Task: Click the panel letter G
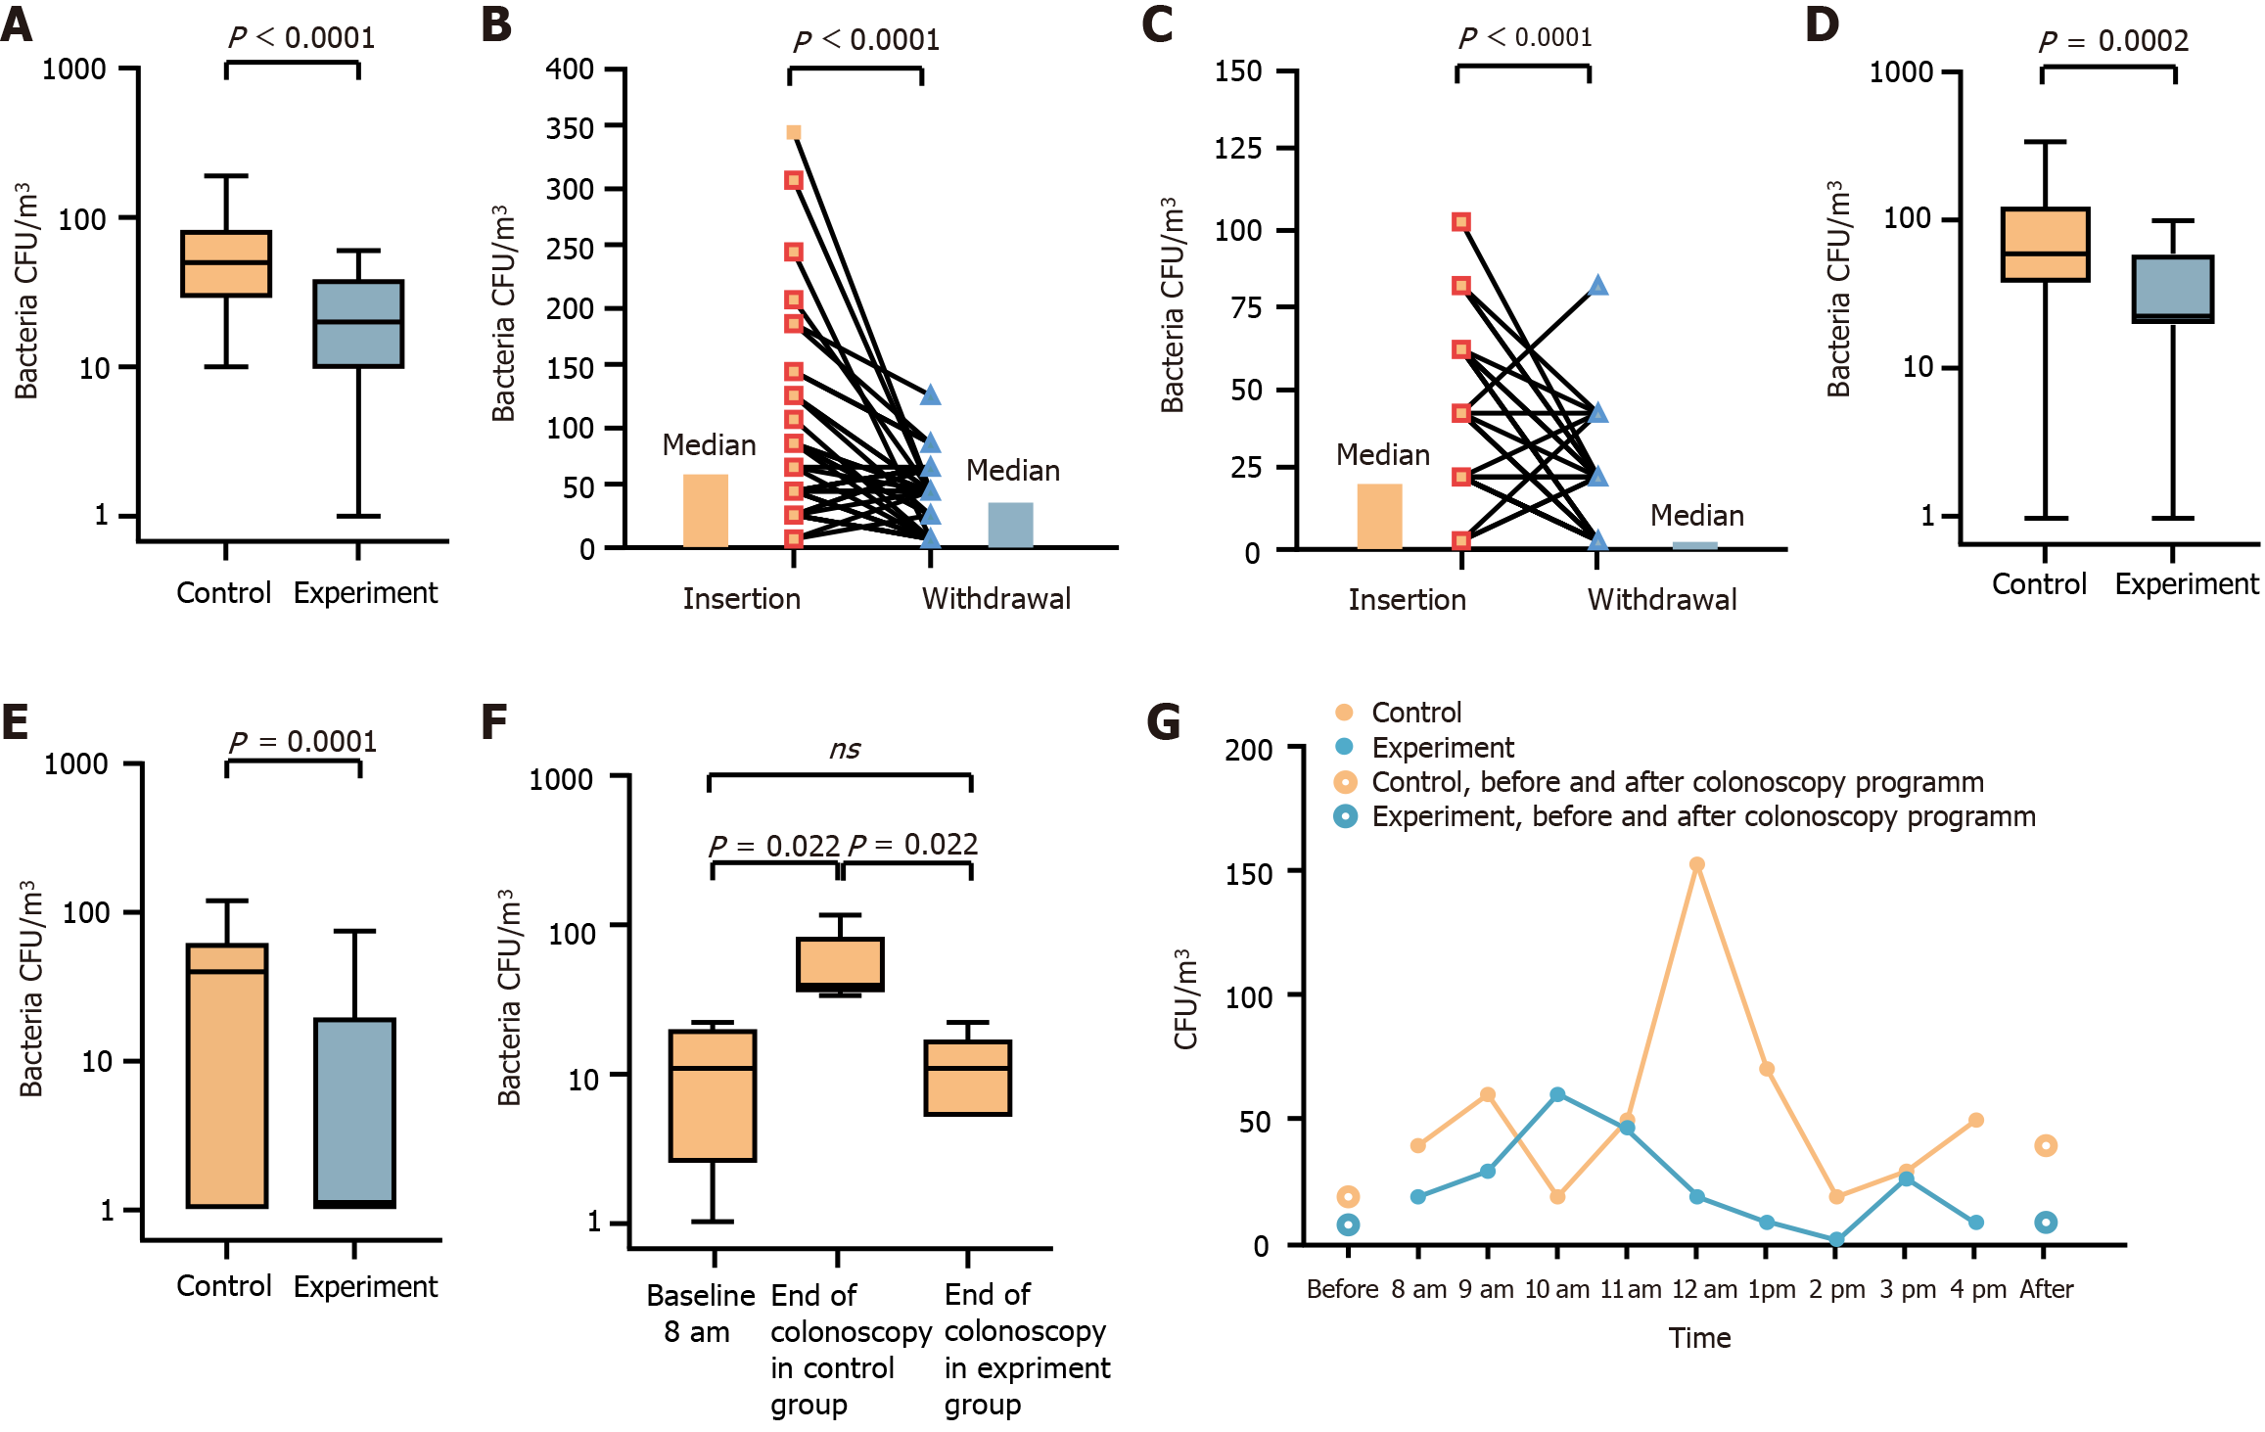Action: point(1163,722)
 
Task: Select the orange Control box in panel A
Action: point(226,263)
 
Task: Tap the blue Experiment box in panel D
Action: point(2173,289)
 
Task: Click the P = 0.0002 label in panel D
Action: point(2113,41)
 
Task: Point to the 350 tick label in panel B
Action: point(570,128)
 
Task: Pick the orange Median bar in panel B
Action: point(705,510)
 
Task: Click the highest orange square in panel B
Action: point(794,133)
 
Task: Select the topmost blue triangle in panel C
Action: point(1597,286)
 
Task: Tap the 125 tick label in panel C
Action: point(1238,149)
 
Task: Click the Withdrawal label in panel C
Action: point(1662,599)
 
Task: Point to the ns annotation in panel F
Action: point(845,750)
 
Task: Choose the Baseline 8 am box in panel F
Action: point(713,1095)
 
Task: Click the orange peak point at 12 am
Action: point(1697,865)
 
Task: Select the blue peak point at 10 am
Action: point(1557,1094)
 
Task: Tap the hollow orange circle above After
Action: point(2045,1145)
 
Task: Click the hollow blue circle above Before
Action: point(1348,1224)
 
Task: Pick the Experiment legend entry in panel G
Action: point(1442,748)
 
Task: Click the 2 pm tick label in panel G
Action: point(1836,1289)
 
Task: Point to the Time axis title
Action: point(1699,1338)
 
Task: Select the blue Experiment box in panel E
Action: point(354,1113)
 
